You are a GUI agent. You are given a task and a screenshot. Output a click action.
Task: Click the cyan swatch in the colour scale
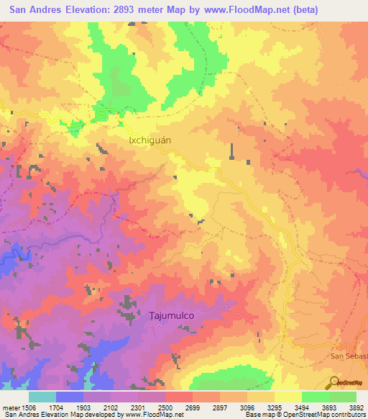click(42, 397)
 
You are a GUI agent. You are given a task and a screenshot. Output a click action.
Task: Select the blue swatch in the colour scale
click(70, 397)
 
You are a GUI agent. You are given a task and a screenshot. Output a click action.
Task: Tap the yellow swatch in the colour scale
click(287, 397)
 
